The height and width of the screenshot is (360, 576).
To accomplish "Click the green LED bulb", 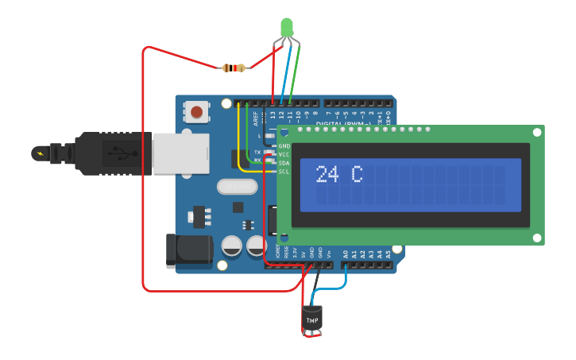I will point(287,29).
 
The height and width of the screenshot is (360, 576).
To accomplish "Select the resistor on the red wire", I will point(233,68).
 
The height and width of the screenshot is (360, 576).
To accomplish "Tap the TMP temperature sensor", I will point(312,319).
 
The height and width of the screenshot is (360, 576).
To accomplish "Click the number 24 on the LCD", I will point(327,175).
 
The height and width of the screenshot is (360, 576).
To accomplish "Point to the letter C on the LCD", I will point(357,175).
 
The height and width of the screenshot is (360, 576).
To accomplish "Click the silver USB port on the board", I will point(181,153).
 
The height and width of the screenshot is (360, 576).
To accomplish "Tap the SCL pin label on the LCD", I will point(284,172).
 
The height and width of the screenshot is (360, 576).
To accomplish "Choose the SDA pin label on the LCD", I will point(284,163).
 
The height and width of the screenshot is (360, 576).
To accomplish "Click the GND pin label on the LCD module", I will point(284,146).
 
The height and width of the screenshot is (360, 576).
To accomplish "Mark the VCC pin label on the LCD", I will point(284,155).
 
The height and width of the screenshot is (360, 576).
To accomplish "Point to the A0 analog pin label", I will point(346,254).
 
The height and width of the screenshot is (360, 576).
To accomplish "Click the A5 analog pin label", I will point(389,254).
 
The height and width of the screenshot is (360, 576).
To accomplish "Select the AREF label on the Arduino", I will point(256,118).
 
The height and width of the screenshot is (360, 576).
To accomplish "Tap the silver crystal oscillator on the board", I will point(237,187).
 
